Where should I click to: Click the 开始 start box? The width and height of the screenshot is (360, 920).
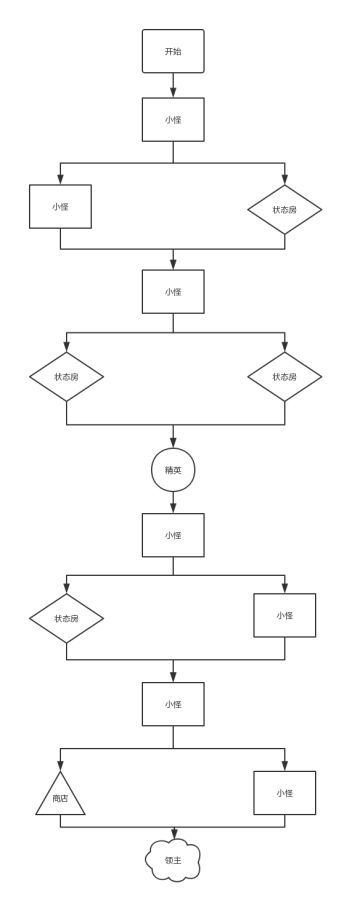pos(173,51)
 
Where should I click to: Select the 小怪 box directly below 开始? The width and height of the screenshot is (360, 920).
pos(173,119)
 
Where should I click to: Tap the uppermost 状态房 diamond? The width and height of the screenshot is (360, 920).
pos(285,209)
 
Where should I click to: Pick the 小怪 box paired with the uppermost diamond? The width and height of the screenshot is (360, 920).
pos(60,206)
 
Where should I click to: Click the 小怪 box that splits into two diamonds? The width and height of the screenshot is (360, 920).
pos(173,291)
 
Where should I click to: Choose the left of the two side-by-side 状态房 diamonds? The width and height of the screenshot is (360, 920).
pos(66,377)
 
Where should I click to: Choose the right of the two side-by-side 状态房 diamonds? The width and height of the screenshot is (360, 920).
pos(285,377)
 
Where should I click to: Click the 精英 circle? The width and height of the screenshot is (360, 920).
pos(173,470)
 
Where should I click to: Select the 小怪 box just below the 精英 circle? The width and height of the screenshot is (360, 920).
pos(173,535)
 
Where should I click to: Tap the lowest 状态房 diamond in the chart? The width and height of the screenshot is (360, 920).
pos(66,618)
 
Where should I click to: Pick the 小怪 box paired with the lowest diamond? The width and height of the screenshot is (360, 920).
pos(285,615)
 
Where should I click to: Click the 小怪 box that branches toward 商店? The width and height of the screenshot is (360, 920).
pos(173,704)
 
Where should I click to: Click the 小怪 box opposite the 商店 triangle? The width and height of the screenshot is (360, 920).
pos(285,792)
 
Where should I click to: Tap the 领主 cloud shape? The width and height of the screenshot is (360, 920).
pos(173,860)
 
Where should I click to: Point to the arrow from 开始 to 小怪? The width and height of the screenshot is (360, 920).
pos(173,85)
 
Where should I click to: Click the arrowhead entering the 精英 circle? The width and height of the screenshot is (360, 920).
pos(173,443)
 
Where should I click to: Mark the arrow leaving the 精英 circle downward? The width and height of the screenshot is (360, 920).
pos(173,503)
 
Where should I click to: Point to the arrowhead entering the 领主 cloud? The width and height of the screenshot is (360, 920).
pos(173,834)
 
